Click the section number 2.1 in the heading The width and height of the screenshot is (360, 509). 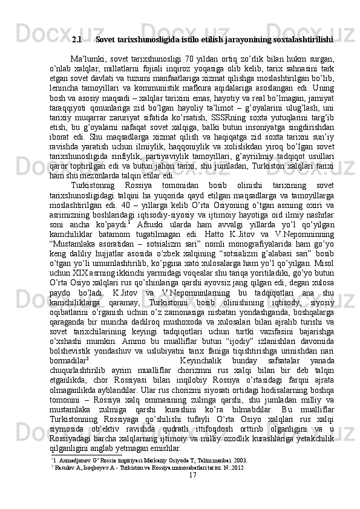77,40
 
